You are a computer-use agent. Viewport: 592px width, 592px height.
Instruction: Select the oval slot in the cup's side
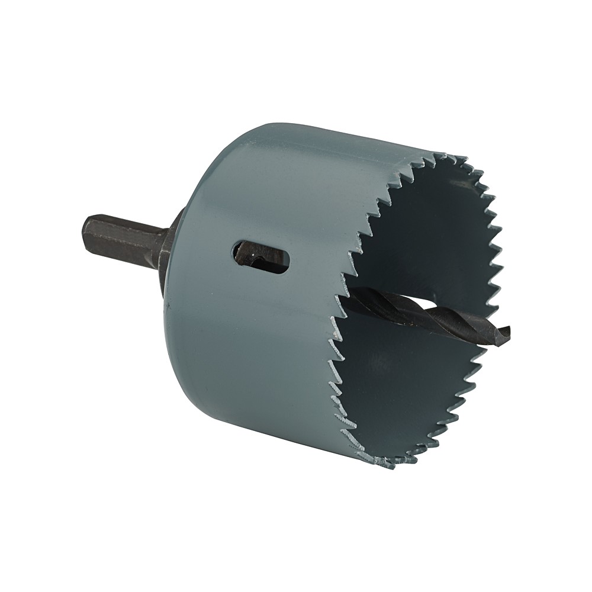coord(260,257)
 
